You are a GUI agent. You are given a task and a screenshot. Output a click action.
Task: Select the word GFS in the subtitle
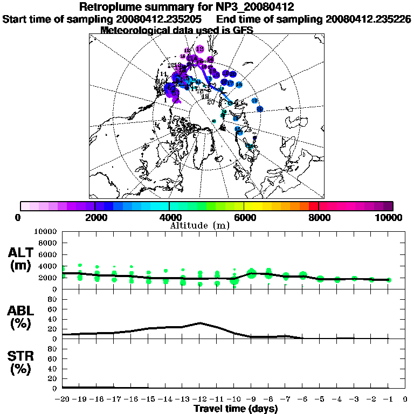click(243, 30)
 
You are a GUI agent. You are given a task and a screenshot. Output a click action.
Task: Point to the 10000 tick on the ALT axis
click(45, 231)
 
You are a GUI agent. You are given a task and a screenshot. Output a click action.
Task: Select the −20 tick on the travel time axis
click(63, 399)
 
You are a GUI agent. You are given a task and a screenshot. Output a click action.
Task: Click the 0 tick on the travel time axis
click(405, 399)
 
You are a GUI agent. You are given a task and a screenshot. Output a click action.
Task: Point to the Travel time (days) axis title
click(236, 409)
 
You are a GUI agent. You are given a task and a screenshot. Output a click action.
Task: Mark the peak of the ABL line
click(200, 323)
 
